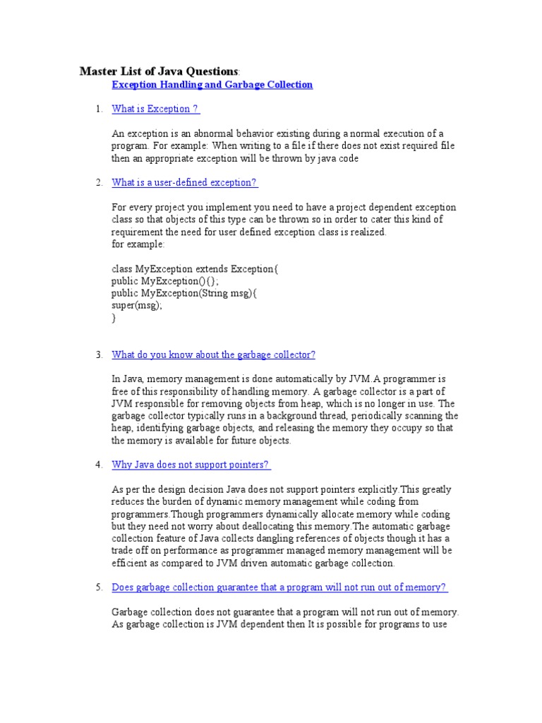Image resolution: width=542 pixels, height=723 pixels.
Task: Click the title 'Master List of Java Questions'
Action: [x=159, y=71]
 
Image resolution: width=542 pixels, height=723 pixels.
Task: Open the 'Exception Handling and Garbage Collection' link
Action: [x=212, y=85]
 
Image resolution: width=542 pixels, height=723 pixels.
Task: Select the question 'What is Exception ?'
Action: [x=155, y=109]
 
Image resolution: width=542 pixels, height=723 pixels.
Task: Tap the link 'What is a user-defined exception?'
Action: [x=185, y=183]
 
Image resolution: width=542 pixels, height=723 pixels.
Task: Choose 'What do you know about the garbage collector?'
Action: [x=213, y=354]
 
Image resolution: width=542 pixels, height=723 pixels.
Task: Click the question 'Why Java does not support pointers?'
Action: [x=191, y=465]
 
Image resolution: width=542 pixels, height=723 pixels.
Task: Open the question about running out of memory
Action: [x=279, y=587]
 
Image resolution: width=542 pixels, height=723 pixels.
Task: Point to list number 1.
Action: [x=100, y=109]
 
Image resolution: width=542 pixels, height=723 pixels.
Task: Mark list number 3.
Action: [x=100, y=354]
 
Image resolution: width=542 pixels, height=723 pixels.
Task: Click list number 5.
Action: [x=100, y=587]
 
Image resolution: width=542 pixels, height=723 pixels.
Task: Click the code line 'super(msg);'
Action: [x=137, y=306]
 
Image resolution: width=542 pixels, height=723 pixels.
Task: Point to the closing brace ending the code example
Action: [x=114, y=318]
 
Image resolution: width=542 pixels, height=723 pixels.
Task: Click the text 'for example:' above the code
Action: [x=138, y=244]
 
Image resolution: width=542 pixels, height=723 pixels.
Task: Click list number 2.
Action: [x=100, y=183]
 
